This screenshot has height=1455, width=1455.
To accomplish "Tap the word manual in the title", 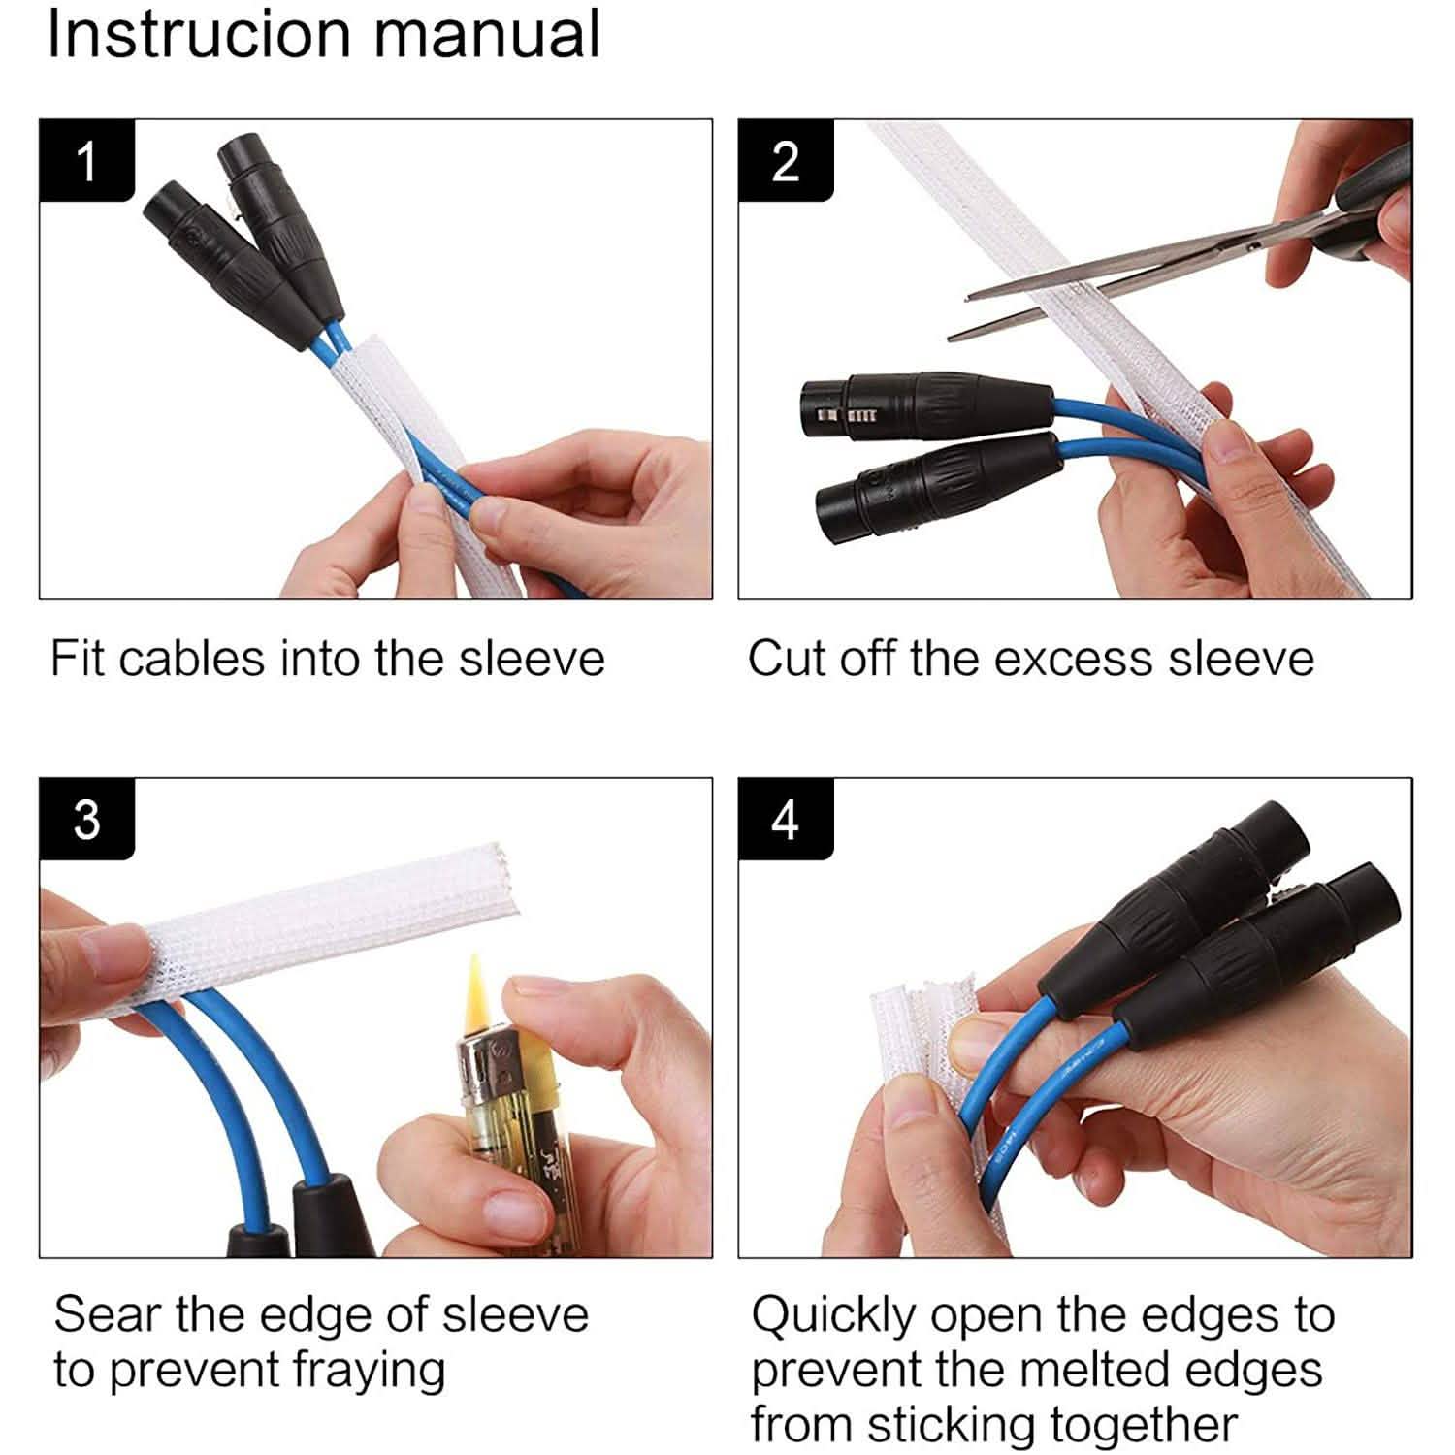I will (487, 33).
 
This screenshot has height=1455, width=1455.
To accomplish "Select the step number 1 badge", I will (86, 161).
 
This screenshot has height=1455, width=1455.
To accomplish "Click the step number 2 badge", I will (785, 161).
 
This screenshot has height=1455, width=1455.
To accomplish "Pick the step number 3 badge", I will (86, 819).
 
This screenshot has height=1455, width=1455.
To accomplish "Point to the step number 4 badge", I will (785, 819).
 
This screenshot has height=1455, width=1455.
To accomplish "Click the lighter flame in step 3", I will (475, 989).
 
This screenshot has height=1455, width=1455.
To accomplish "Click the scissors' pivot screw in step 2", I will (1254, 248).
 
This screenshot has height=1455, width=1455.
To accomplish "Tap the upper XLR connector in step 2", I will (921, 403).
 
